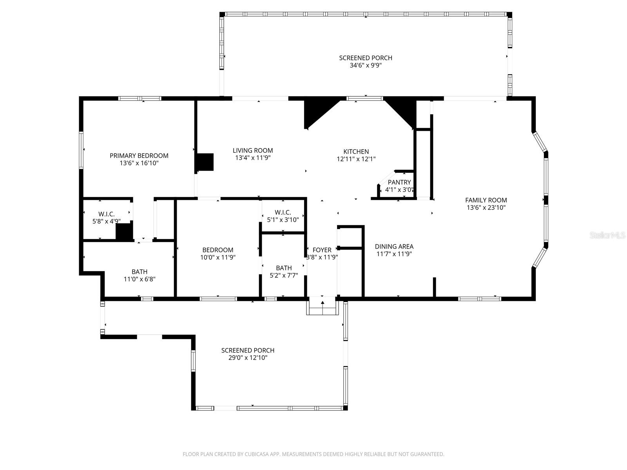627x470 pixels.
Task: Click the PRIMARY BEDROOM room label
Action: (139, 155)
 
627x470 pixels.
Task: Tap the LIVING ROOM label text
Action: (253, 150)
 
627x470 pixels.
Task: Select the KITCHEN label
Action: (356, 152)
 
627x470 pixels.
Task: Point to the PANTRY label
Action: (399, 182)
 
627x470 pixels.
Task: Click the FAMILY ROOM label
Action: (486, 200)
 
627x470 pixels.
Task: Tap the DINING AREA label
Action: (394, 246)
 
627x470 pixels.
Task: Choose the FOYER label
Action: (322, 250)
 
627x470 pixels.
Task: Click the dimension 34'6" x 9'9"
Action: (365, 65)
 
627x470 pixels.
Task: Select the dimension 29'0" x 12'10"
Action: (248, 358)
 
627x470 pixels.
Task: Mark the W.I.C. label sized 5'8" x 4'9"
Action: (106, 214)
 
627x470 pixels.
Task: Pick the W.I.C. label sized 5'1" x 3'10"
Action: (283, 212)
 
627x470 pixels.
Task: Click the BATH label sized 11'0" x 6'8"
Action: (140, 271)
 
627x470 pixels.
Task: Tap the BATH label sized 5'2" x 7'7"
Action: (284, 268)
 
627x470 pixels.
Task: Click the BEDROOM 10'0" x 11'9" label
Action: (217, 250)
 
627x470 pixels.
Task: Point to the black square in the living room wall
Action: (205, 162)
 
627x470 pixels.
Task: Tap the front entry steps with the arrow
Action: (323, 306)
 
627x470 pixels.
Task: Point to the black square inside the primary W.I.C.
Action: (124, 231)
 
